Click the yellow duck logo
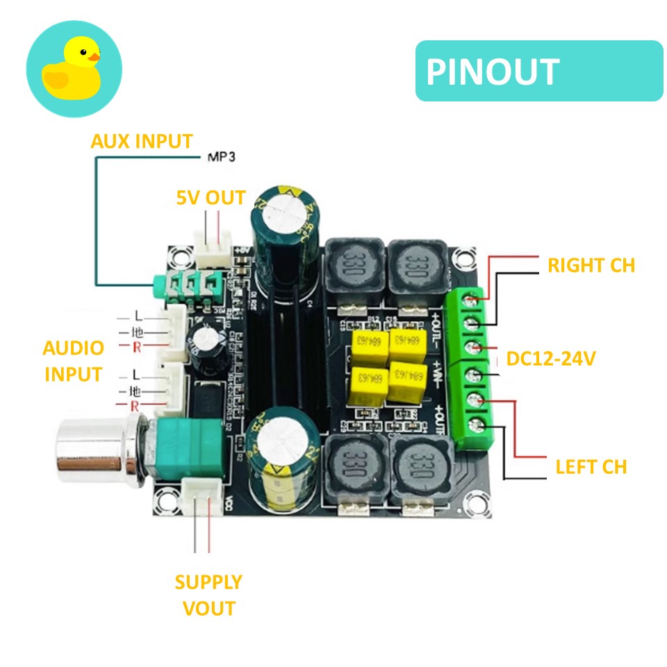tap(74, 69)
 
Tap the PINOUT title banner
tap(538, 72)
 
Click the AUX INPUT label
tap(141, 141)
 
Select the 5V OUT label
tap(211, 198)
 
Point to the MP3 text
tap(222, 158)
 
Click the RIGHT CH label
tap(591, 265)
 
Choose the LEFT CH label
tap(591, 466)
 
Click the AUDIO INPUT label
tap(73, 361)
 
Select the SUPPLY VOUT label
tap(208, 595)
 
